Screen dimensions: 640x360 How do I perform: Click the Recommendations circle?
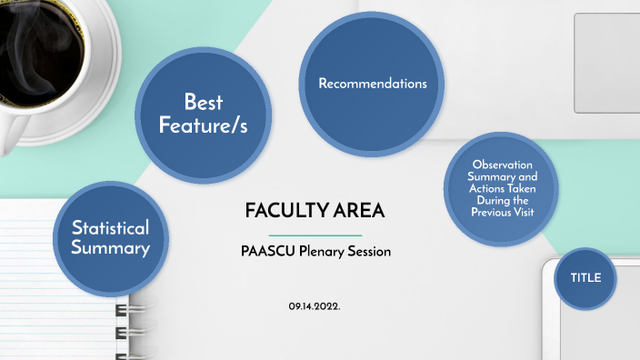click(x=372, y=84)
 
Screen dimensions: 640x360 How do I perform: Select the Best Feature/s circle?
click(x=204, y=115)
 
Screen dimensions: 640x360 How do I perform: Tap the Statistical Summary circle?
click(x=111, y=239)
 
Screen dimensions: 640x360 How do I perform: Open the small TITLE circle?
click(x=585, y=278)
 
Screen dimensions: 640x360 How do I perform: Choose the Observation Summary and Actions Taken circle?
click(x=501, y=189)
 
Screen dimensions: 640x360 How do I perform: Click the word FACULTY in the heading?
click(x=286, y=211)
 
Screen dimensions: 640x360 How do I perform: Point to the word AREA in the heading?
click(x=359, y=211)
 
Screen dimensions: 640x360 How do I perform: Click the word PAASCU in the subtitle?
click(x=268, y=251)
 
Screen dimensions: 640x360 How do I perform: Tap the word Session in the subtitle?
click(x=369, y=251)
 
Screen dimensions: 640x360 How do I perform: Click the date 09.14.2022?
click(x=315, y=306)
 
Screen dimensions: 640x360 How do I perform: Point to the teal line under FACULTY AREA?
click(x=315, y=235)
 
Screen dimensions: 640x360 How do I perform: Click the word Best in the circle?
click(x=204, y=102)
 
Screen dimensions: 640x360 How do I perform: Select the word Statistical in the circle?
click(x=110, y=228)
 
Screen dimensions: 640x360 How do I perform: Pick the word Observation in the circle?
click(x=503, y=165)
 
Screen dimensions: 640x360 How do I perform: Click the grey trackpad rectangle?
click(x=607, y=63)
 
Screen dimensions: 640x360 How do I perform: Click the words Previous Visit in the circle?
click(x=503, y=212)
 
